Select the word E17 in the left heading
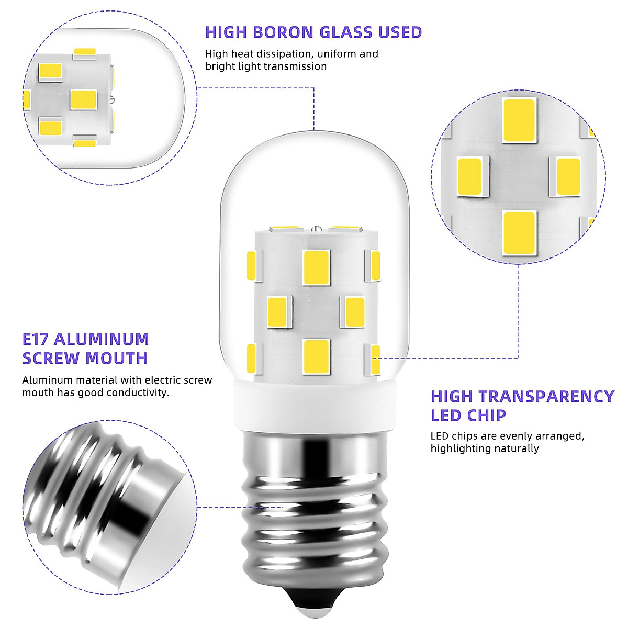[36, 339]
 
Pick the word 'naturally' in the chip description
[515, 448]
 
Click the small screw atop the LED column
[315, 228]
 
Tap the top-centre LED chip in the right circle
[519, 120]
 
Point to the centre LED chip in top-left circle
[84, 99]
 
